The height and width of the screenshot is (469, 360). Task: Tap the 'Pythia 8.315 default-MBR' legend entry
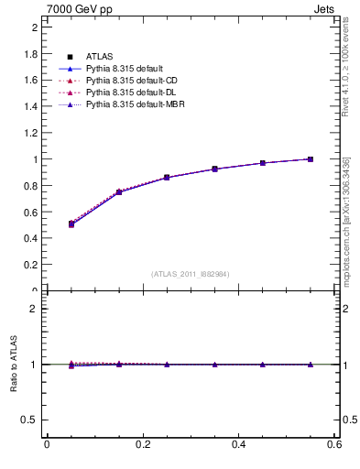tap(134, 106)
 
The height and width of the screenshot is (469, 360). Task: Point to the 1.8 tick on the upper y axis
tap(32, 54)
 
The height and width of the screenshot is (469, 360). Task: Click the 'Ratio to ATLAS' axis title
tap(14, 365)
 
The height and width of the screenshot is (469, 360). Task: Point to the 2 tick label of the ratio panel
tap(36, 309)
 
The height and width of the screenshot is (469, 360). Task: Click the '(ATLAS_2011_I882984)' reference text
tap(191, 274)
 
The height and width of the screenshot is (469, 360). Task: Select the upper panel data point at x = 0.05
tap(71, 224)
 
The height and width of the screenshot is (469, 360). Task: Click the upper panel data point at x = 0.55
tap(311, 159)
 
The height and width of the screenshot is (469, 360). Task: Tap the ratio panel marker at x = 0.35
tap(214, 365)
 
